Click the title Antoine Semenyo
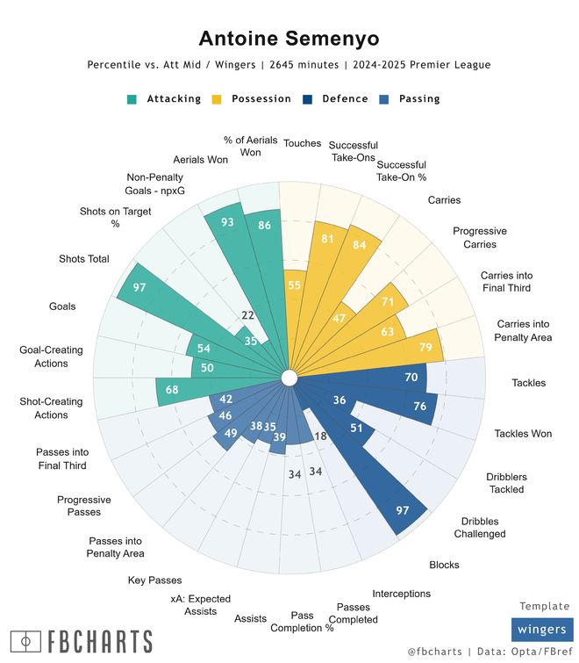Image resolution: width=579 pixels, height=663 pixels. [289, 38]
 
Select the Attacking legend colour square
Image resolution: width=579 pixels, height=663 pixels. [132, 99]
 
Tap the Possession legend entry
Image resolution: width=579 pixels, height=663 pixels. [261, 99]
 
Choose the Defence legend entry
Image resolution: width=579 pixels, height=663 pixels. [345, 99]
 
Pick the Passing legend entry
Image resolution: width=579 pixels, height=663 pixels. [419, 99]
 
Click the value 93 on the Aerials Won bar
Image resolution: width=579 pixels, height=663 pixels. [227, 223]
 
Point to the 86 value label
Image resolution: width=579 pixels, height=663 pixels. [263, 226]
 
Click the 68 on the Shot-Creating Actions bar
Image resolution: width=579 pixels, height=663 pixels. [172, 390]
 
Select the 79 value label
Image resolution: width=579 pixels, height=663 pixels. [425, 348]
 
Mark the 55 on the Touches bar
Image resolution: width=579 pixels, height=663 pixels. [295, 285]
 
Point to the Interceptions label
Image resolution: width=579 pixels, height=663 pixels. [401, 594]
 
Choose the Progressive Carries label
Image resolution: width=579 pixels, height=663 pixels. [479, 237]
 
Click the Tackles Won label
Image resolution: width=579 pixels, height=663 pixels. [523, 433]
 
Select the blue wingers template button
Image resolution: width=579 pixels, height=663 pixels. [542, 630]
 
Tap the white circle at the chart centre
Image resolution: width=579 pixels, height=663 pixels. [288, 378]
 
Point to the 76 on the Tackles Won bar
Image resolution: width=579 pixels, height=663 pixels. [419, 406]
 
